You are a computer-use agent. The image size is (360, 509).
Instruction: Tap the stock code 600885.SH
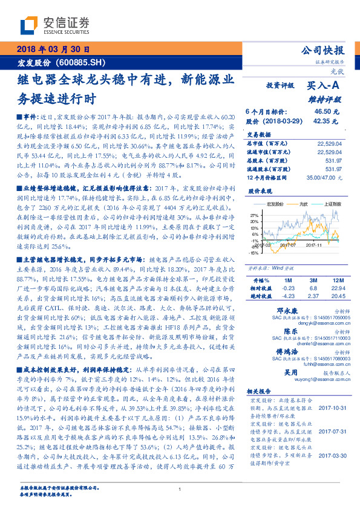click(81, 63)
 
